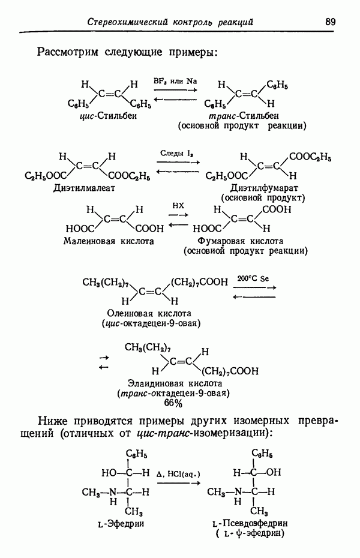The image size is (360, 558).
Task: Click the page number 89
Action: pyautogui.click(x=330, y=22)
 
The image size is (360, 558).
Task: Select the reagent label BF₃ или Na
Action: pyautogui.click(x=175, y=81)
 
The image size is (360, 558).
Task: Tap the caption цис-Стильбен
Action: pyautogui.click(x=108, y=116)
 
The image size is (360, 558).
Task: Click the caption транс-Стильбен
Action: pyautogui.click(x=244, y=116)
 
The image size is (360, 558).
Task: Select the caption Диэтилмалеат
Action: pyautogui.click(x=85, y=188)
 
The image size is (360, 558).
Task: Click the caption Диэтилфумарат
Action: pyautogui.click(x=264, y=188)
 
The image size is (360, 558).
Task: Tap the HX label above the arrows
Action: pyautogui.click(x=178, y=206)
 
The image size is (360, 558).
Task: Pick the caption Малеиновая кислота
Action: pyautogui.click(x=109, y=241)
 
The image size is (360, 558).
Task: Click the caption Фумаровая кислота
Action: pyautogui.click(x=241, y=241)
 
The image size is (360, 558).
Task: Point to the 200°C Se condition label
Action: pyautogui.click(x=253, y=278)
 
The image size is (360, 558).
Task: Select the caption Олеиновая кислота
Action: pyautogui.click(x=149, y=314)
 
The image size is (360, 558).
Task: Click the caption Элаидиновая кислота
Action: pyautogui.click(x=175, y=383)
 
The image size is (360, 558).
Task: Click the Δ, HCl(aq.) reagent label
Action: pyautogui.click(x=178, y=475)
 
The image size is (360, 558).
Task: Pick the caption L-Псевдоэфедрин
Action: pyautogui.click(x=250, y=524)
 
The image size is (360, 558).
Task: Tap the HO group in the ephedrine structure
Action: pyautogui.click(x=109, y=473)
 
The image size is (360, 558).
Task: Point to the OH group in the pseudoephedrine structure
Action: pyautogui.click(x=274, y=472)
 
